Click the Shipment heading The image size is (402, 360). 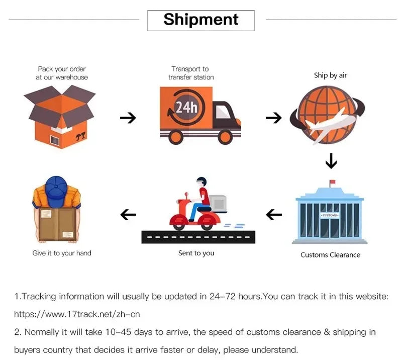pyautogui.click(x=201, y=20)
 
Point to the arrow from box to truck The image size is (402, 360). pyautogui.click(x=128, y=118)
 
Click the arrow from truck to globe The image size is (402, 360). pyautogui.click(x=273, y=118)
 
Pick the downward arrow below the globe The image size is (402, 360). pyautogui.click(x=331, y=161)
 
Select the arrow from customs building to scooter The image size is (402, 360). pyautogui.click(x=273, y=215)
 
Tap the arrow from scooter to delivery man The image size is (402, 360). pyautogui.click(x=128, y=215)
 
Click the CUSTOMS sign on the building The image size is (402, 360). pyautogui.click(x=330, y=215)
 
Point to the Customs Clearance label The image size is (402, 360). pyautogui.click(x=330, y=255)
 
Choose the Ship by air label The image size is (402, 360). pyautogui.click(x=330, y=75)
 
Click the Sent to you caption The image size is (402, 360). pyautogui.click(x=196, y=253)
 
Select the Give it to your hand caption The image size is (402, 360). pyautogui.click(x=62, y=253)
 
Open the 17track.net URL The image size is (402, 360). pyautogui.click(x=77, y=314)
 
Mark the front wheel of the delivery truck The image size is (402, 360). pyautogui.click(x=225, y=136)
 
